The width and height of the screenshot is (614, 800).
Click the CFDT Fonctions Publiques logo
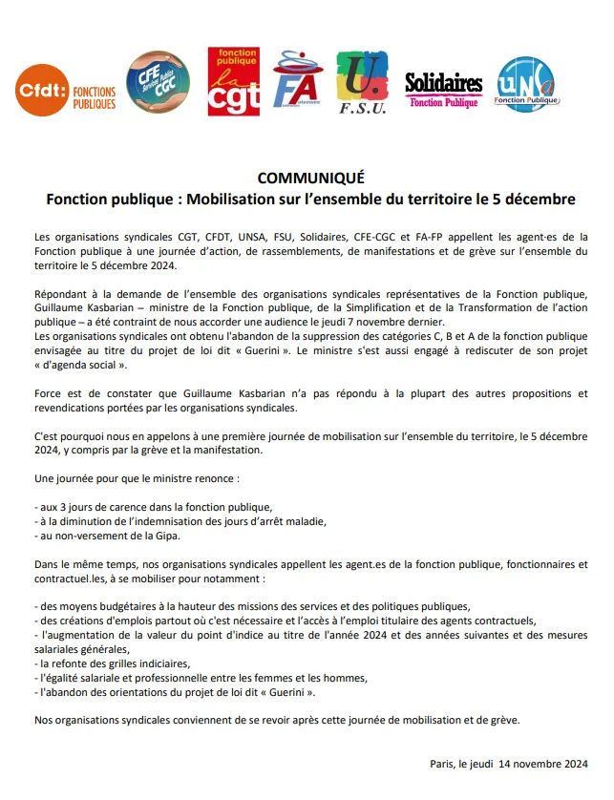[66, 90]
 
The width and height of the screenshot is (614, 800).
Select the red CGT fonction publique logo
[233, 82]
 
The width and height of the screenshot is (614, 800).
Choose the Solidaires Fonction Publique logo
[443, 90]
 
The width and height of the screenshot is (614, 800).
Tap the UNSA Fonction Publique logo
[527, 84]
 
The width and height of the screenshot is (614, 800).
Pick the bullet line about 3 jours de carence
[153, 506]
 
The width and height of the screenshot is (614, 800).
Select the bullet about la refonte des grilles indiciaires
[112, 663]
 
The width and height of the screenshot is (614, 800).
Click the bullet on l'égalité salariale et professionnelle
[200, 677]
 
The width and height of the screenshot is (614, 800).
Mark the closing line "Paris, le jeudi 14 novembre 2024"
[509, 764]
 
